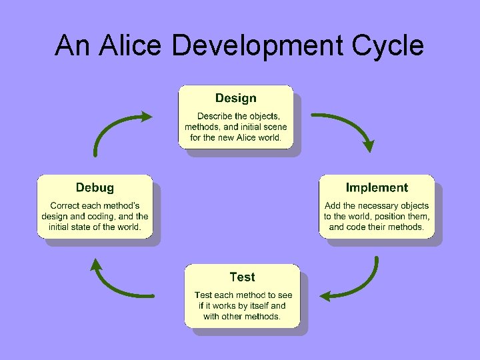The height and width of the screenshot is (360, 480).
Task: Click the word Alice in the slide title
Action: click(132, 45)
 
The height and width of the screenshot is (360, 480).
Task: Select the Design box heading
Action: click(235, 99)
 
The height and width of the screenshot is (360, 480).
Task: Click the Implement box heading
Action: click(377, 188)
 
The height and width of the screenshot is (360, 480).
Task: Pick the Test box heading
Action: click(242, 277)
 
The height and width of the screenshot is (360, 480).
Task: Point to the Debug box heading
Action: click(95, 188)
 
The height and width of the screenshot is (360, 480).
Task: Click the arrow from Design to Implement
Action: click(347, 127)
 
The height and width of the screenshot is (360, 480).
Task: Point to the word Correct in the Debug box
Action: click(65, 205)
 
